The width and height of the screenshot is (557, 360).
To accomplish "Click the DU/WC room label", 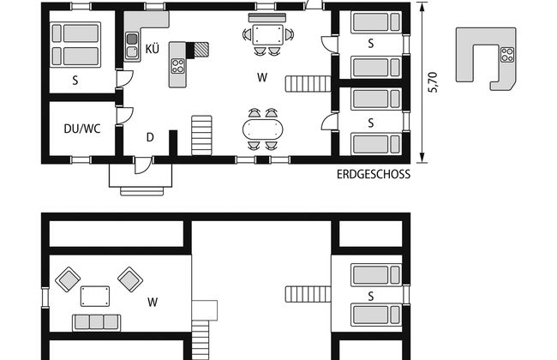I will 83,129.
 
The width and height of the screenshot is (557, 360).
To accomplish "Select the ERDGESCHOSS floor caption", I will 374,174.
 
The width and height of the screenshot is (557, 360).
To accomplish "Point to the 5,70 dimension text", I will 434,82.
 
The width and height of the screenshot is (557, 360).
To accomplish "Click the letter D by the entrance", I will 150,137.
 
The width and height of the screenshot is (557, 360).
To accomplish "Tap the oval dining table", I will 262,129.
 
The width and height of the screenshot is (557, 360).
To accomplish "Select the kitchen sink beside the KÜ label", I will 133,45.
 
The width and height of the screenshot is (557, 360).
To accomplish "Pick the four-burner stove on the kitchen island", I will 179,66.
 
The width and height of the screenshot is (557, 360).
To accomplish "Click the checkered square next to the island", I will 201,49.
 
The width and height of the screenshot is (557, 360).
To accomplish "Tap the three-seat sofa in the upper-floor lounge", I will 97,322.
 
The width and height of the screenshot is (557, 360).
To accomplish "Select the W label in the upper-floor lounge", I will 153,302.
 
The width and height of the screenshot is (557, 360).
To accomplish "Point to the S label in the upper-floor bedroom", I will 371,297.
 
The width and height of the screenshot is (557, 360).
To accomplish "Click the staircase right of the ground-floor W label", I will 308,84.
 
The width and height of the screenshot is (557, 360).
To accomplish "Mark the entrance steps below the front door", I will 141,181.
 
